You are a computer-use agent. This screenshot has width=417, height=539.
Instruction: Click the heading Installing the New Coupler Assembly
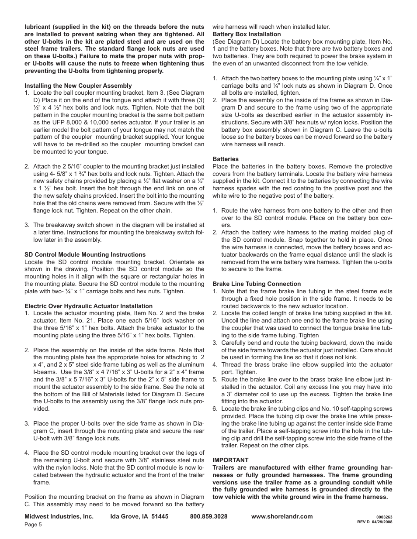coord(78,86)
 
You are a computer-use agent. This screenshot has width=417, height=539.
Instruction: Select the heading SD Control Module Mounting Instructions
coord(85,254)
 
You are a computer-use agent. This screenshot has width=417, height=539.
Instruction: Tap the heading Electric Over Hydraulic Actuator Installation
coord(88,306)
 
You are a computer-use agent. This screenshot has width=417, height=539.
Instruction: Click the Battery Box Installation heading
coord(247,34)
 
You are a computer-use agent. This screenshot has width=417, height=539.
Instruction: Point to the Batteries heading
coord(226,159)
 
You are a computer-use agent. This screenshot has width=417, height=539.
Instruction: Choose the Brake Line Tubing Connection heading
coord(257,284)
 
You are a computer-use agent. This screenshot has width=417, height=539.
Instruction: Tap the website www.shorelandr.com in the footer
coord(282,516)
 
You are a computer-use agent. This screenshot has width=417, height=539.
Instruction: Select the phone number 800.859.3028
coord(208,516)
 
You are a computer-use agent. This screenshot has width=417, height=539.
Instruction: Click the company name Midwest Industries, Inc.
coord(59,516)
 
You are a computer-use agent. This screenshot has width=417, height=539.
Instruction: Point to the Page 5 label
coord(33,525)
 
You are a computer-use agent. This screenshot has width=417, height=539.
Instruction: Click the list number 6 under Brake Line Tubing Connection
coord(215,409)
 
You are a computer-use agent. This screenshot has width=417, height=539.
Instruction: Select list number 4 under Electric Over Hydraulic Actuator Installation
coord(27,453)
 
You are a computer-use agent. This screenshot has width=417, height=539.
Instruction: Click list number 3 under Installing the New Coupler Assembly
coord(27,225)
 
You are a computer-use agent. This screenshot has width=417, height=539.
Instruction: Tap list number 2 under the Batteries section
coord(215,233)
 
